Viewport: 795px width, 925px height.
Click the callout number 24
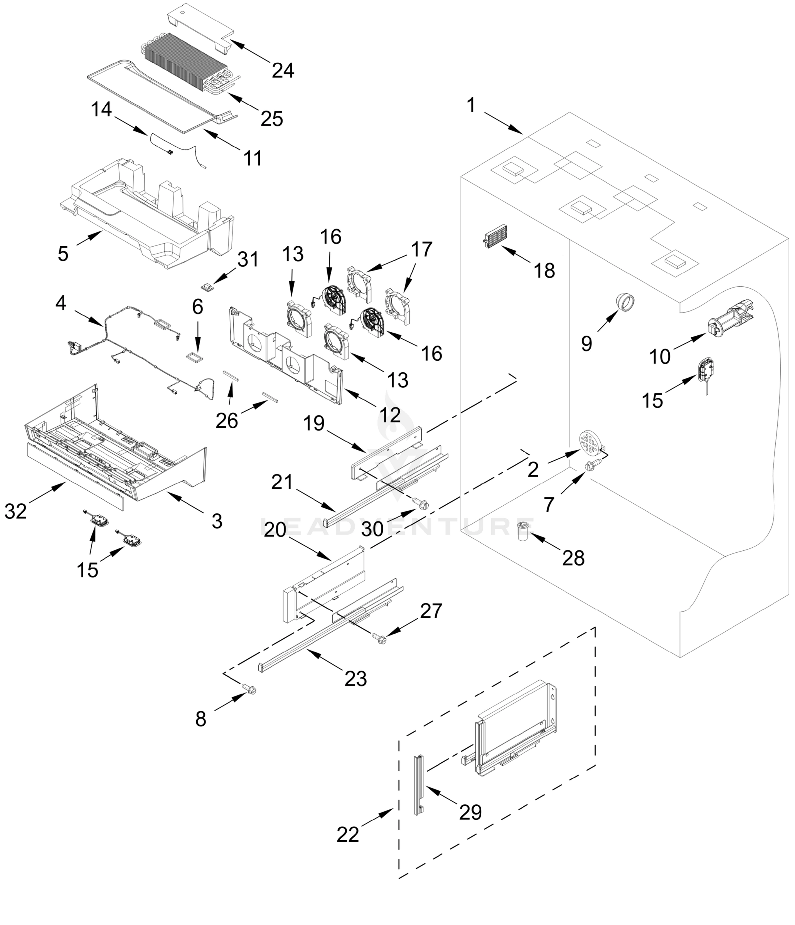(x=283, y=71)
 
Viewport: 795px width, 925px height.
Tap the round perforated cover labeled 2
(x=590, y=441)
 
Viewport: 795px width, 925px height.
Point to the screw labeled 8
(x=249, y=689)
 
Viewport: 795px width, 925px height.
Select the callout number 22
(x=347, y=834)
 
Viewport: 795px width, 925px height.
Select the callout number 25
(x=271, y=118)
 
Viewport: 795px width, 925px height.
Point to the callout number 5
(x=63, y=254)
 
